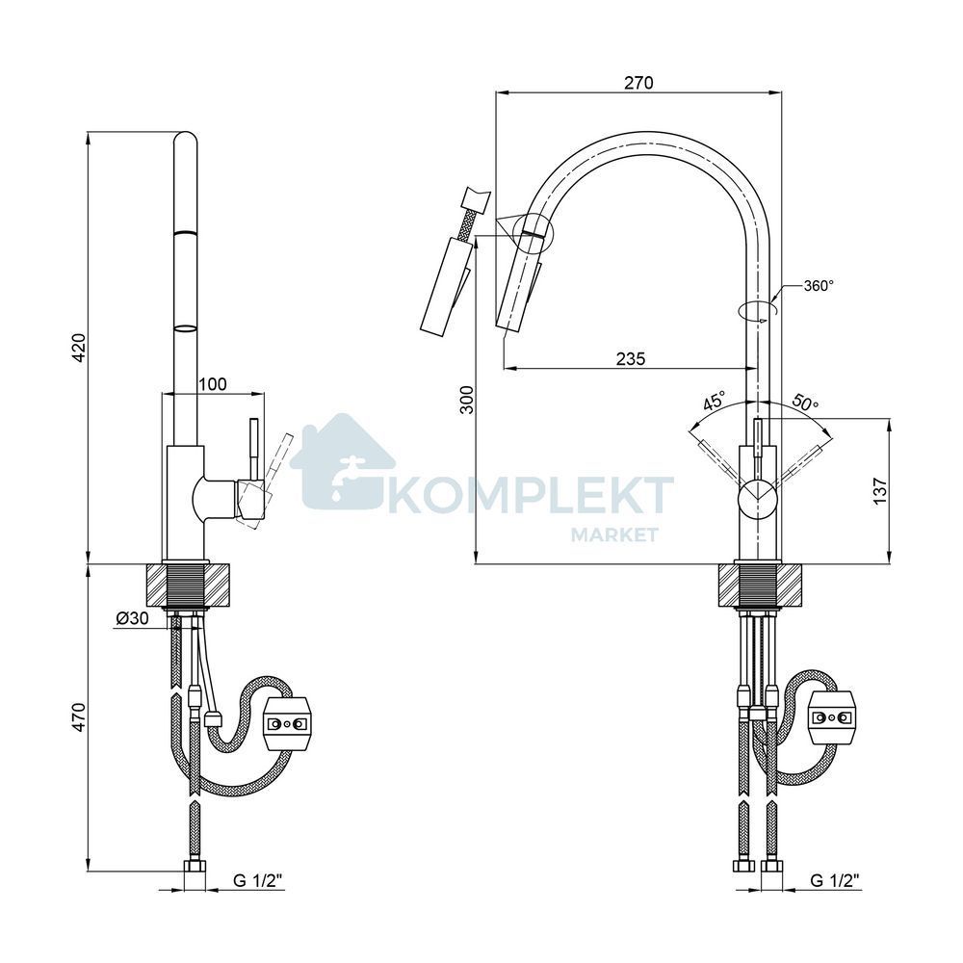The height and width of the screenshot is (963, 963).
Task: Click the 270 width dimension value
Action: [x=638, y=82]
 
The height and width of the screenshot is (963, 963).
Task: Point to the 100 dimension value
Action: [x=213, y=384]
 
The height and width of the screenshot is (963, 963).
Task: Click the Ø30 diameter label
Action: [x=132, y=618]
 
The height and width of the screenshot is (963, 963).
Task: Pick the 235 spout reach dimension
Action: [x=631, y=358]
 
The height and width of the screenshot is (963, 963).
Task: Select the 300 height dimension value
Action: [x=468, y=400]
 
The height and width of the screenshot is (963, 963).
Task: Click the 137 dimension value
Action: [x=880, y=491]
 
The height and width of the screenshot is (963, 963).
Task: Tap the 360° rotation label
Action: [x=819, y=285]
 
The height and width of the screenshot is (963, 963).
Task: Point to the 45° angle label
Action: [x=715, y=402]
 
